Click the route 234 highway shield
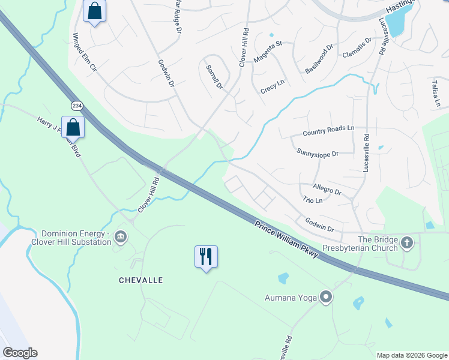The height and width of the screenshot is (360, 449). tap(77, 106)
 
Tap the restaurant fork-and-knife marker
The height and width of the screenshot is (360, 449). tap(206, 256)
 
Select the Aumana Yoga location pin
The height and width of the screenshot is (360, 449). tap(326, 297)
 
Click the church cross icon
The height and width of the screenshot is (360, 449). tap(408, 243)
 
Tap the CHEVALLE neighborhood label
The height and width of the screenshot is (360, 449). tap(141, 280)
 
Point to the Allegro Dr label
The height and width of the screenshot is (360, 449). tap(327, 190)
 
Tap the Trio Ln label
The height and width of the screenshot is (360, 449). tap(313, 200)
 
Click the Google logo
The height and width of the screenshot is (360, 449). tap(20, 353)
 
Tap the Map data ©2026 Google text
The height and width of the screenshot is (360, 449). tap(411, 355)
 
